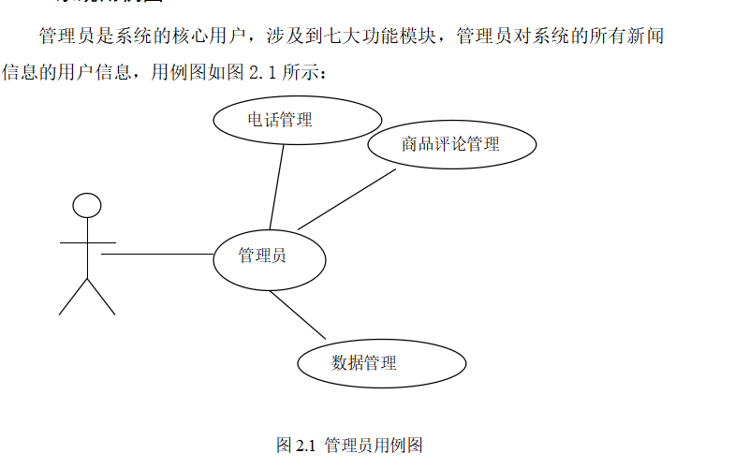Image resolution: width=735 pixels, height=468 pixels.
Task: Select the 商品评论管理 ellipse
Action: click(x=451, y=144)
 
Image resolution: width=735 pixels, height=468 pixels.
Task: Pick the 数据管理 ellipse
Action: click(x=381, y=363)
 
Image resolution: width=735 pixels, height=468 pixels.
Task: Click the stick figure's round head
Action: click(x=87, y=205)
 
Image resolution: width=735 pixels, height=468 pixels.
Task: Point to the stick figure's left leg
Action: click(x=72, y=297)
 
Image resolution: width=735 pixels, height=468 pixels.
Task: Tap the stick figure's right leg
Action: click(x=102, y=297)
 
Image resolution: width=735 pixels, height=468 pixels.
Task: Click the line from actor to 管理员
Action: click(x=157, y=254)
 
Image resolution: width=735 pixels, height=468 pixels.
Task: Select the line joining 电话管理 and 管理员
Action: click(x=277, y=186)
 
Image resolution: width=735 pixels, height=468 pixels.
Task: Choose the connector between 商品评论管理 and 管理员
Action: click(x=346, y=198)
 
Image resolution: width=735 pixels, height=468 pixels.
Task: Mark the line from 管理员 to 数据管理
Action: click(x=298, y=315)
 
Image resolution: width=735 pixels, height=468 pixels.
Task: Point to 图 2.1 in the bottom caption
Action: click(x=295, y=446)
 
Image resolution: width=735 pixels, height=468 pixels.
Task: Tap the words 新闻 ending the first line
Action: click(x=646, y=37)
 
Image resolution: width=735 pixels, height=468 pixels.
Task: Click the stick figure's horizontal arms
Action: click(x=87, y=242)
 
